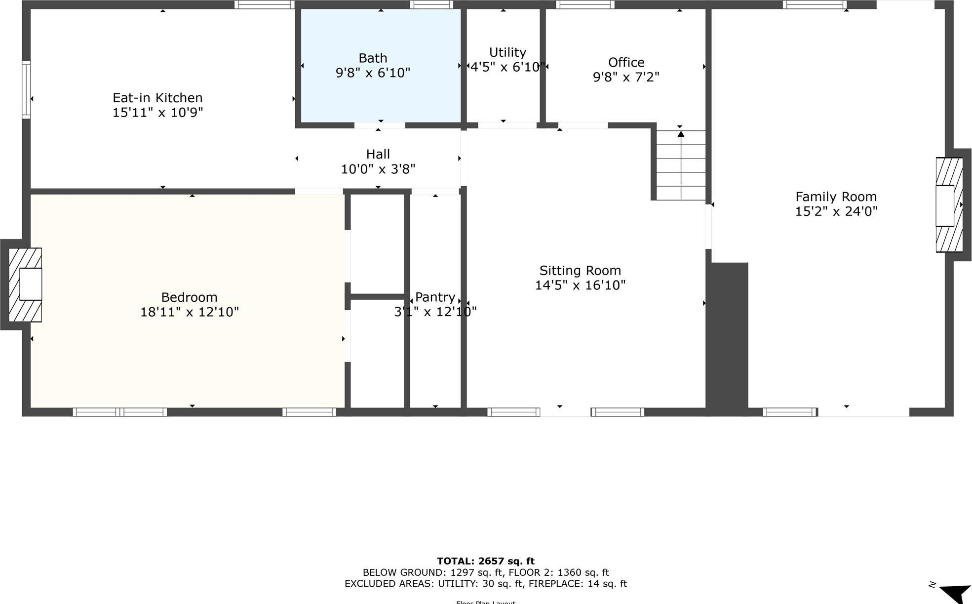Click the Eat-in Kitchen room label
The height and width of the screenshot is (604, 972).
click(x=157, y=98)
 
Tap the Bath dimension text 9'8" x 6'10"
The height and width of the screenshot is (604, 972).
click(x=373, y=73)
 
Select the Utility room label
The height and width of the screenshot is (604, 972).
click(x=507, y=52)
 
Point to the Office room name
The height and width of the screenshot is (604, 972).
click(x=626, y=63)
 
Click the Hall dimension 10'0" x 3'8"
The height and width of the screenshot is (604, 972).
click(x=378, y=169)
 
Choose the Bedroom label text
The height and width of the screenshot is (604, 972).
click(x=189, y=297)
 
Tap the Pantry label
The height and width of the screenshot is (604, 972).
click(x=434, y=297)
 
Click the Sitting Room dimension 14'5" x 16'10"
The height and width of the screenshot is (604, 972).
click(x=580, y=285)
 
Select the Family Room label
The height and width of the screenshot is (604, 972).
click(x=836, y=197)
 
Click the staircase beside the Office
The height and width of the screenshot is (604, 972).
click(x=681, y=165)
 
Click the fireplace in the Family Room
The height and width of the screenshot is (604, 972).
click(x=948, y=205)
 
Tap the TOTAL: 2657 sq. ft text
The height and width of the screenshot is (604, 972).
click(x=486, y=561)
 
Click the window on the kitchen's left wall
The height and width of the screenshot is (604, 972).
click(x=26, y=89)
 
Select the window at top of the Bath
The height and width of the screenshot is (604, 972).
click(x=431, y=5)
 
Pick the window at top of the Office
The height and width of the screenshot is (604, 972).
click(x=585, y=5)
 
